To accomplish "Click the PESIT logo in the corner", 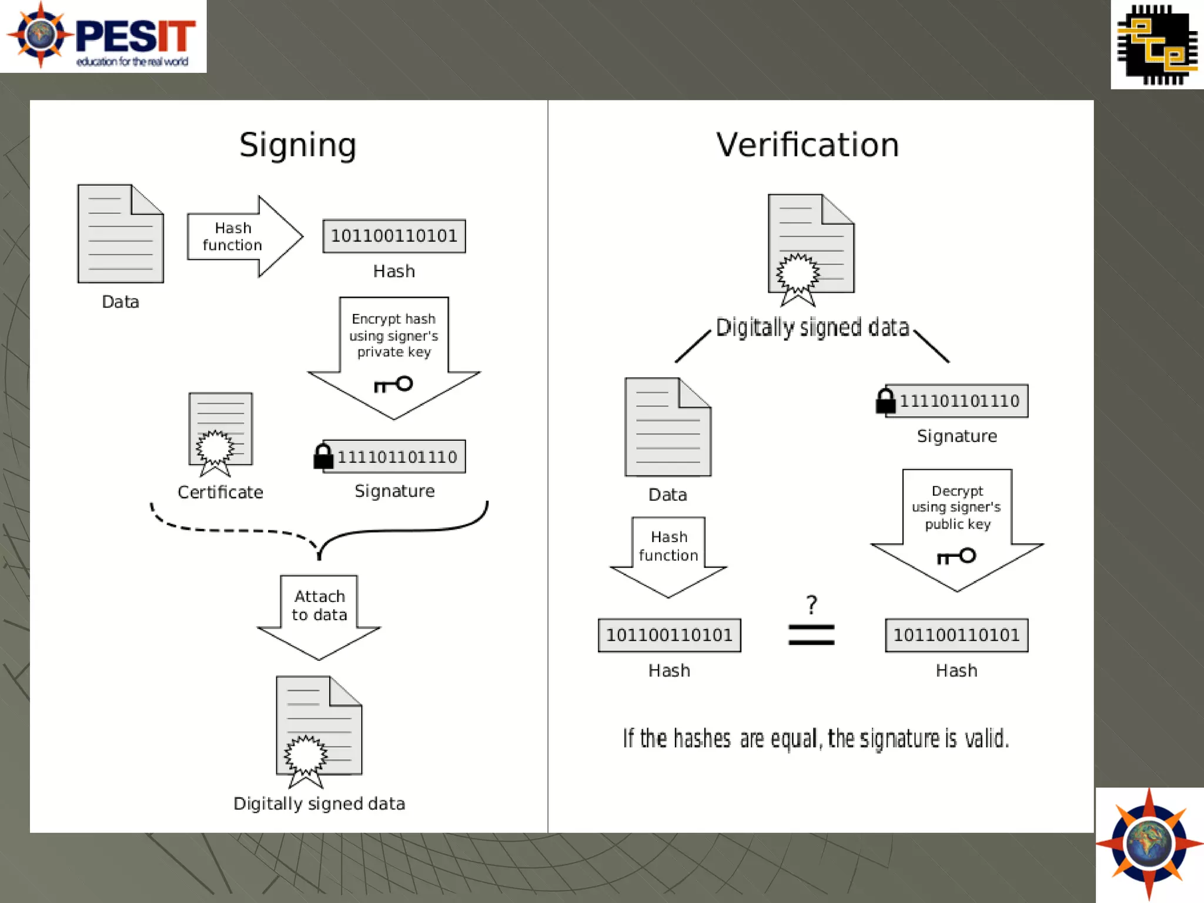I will [x=103, y=36].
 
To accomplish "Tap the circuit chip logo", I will [x=1156, y=45].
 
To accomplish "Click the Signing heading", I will [x=297, y=145].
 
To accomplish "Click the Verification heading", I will [x=807, y=145].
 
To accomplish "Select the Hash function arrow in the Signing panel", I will [x=244, y=236].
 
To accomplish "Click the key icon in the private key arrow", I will [x=393, y=384].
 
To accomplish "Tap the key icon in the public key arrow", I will [x=956, y=556].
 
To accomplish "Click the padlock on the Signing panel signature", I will [x=323, y=457].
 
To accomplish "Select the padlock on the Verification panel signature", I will [x=885, y=401].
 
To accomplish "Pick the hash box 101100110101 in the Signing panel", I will [x=394, y=236].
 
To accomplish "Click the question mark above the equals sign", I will [x=812, y=604].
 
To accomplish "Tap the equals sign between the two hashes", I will [x=811, y=635].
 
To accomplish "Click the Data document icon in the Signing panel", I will [x=121, y=234].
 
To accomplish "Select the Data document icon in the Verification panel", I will [x=668, y=427].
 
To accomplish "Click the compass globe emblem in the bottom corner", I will [x=1149, y=845].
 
